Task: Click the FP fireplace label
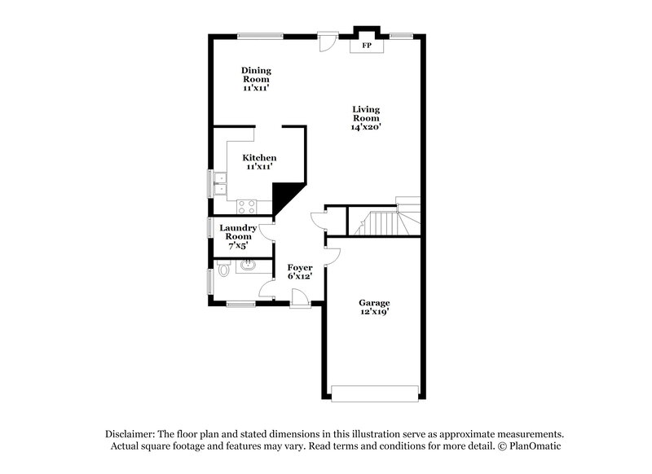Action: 367,46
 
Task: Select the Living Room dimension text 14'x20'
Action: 366,127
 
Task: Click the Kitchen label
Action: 259,157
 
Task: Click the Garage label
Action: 374,303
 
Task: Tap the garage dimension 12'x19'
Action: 374,312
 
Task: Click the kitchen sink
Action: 219,184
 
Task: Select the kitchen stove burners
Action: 247,206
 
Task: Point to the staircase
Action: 383,221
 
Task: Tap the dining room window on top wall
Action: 260,35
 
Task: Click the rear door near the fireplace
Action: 328,39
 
